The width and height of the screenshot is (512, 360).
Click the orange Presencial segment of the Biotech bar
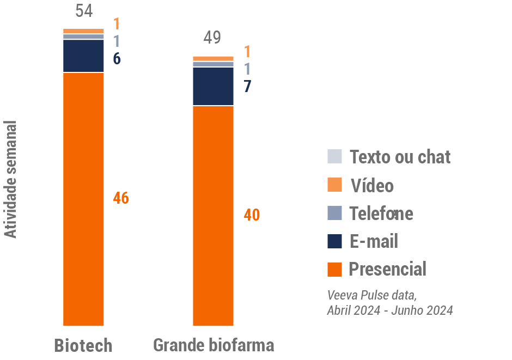(x=83, y=199)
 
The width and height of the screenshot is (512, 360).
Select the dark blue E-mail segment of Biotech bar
(x=83, y=56)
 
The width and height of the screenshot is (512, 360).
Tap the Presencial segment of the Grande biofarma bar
(x=214, y=216)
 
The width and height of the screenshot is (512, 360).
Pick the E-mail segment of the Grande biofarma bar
(x=214, y=86)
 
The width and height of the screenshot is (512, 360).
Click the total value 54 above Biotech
(x=84, y=10)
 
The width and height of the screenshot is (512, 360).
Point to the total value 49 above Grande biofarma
(x=212, y=38)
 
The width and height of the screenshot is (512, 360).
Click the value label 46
(x=121, y=198)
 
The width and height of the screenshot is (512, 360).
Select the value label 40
(x=251, y=215)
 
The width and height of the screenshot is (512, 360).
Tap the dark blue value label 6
(x=117, y=59)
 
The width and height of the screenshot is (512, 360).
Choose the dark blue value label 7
(x=247, y=86)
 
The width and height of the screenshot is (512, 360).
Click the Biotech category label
(x=83, y=345)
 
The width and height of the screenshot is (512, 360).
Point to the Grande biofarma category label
(x=214, y=345)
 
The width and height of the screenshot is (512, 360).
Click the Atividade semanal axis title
(x=10, y=179)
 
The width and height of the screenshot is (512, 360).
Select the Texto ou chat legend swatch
(x=334, y=156)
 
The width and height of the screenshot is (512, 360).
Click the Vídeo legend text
(x=372, y=186)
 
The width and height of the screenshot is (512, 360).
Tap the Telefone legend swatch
(x=334, y=213)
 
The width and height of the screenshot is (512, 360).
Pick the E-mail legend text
(x=374, y=241)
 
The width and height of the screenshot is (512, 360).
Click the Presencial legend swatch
(x=334, y=269)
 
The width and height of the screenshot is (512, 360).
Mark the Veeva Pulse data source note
(x=390, y=303)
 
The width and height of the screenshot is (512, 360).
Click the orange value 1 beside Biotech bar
(x=117, y=24)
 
